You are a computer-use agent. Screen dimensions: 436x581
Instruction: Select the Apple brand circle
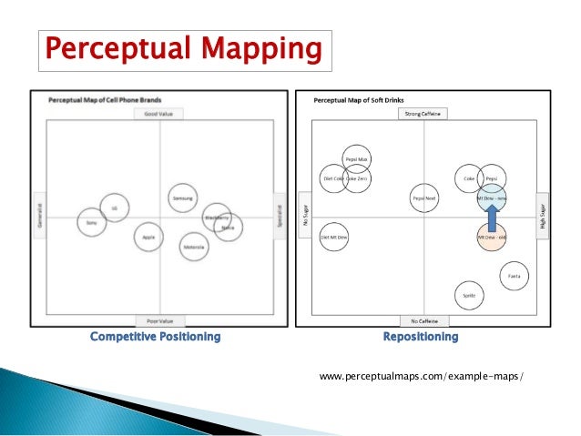point(148,238)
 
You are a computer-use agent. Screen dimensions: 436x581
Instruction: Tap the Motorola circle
point(193,246)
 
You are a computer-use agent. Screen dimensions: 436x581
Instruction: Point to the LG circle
point(115,208)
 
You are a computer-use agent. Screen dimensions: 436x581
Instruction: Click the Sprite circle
point(470,295)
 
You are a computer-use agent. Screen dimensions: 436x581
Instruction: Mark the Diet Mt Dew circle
point(336,238)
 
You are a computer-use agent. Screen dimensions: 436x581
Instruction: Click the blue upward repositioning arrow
point(492,217)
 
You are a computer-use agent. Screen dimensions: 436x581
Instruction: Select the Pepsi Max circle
point(355,160)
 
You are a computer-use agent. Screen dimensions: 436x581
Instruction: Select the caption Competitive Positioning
point(155,337)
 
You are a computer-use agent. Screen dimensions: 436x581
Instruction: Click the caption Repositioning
point(421,337)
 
